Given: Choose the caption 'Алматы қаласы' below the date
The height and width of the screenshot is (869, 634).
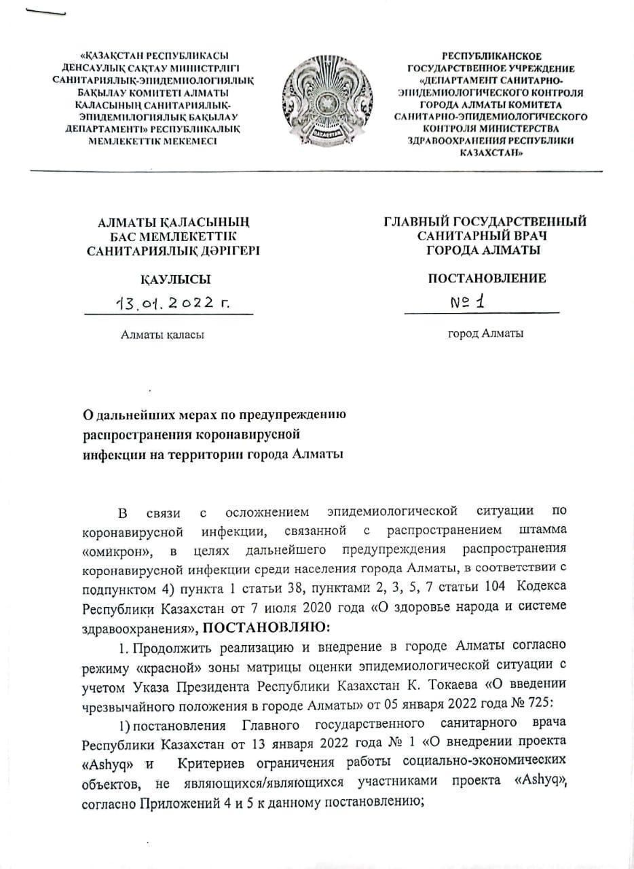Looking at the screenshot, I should coord(162,334).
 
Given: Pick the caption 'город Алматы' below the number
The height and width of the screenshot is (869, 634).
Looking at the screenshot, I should coord(485,333).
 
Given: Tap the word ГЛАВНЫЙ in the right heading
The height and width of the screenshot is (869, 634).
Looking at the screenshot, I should coord(417,221).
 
